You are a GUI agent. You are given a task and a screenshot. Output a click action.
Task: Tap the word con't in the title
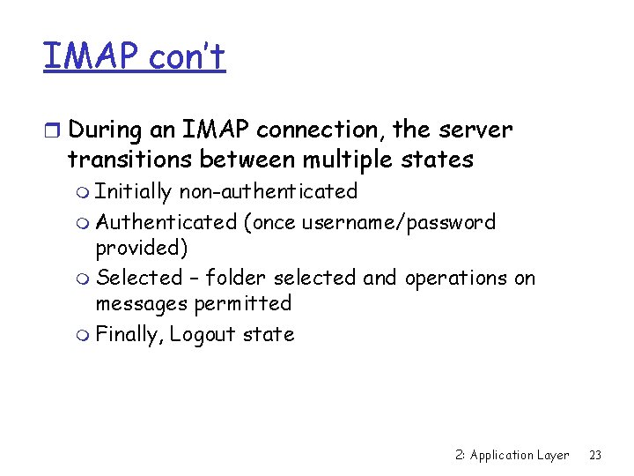click(x=187, y=56)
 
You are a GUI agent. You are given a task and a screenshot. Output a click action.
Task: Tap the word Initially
click(x=134, y=191)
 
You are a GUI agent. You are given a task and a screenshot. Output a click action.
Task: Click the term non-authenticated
click(x=268, y=191)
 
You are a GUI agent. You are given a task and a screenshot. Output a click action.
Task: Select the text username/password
click(x=398, y=222)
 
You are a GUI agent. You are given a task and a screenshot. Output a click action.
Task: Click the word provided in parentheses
click(x=140, y=247)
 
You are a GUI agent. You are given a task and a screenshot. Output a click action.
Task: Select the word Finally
click(x=129, y=334)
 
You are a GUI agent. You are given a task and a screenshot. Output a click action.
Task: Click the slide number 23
click(x=595, y=455)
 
